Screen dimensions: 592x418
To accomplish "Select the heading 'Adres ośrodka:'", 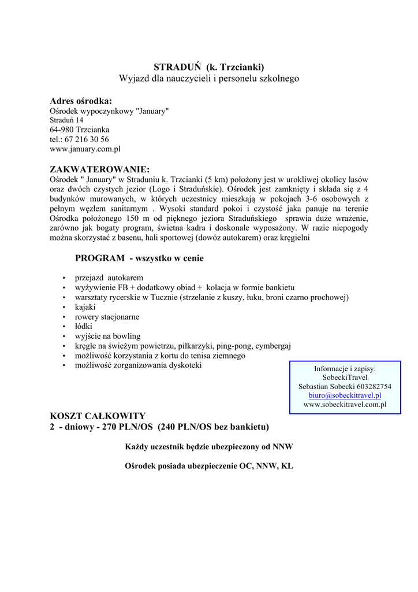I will tap(81, 101).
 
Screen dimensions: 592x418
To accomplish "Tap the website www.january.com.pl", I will tap(85, 149).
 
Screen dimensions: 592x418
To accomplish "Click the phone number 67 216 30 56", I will tap(87, 139).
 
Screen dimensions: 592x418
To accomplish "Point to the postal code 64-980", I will tap(61, 129).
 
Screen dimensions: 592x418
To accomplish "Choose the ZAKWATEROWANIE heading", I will tap(100, 169).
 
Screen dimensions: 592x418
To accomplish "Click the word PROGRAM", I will tap(100, 258).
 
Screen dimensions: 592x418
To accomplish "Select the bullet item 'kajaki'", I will tap(85, 307).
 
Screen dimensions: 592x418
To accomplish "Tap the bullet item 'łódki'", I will tap(84, 327).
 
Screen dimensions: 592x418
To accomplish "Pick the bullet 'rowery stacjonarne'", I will tap(107, 317).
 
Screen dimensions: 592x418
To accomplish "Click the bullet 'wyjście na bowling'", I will tap(107, 336).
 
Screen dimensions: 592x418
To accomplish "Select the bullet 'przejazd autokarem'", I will tap(109, 277).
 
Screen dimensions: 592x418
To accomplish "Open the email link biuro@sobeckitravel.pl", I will tap(345, 395).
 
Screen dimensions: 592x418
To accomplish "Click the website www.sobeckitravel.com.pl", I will tap(345, 405).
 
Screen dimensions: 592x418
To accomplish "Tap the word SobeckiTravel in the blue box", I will tap(345, 377).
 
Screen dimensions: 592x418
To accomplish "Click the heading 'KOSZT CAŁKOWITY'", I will tap(98, 416).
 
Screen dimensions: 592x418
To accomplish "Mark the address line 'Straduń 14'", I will tap(66, 120).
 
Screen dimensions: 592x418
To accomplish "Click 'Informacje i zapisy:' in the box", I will tap(345, 368).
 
